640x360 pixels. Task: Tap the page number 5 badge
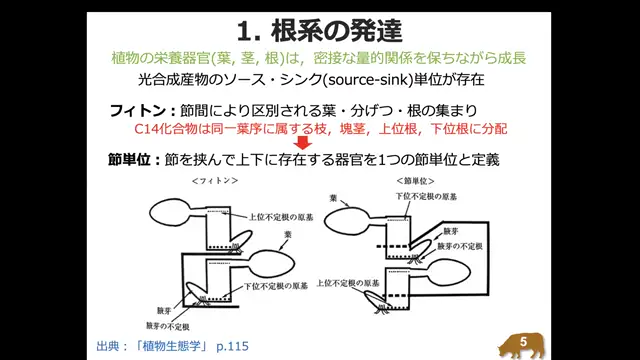pos(524,342)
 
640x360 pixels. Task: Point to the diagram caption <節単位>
pos(414,182)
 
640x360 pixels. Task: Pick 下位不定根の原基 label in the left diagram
pos(277,286)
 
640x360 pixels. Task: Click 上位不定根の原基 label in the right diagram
pos(349,281)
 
